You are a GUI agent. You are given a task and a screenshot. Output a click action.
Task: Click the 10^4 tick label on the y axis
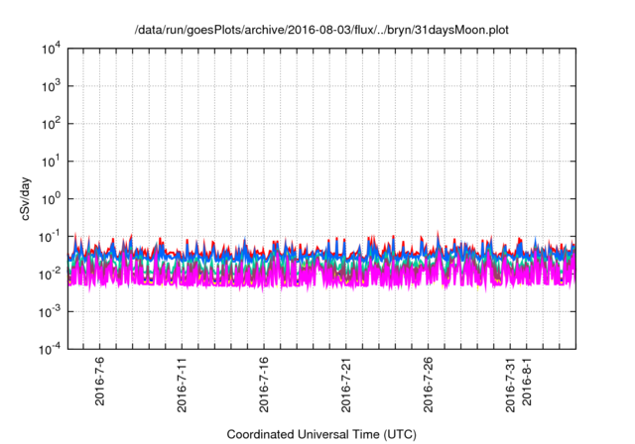coord(50,48)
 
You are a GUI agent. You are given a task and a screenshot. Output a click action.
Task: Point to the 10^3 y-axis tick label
coord(50,85)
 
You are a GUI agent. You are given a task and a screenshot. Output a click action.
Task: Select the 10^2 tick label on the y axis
coord(50,123)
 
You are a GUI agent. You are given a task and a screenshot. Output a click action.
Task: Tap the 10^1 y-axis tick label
coord(50,161)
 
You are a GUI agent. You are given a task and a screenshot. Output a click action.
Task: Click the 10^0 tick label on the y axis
coord(50,198)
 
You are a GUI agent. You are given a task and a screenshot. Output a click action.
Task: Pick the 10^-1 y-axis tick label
coord(48,236)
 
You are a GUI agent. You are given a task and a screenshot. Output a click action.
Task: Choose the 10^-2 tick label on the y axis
coord(48,274)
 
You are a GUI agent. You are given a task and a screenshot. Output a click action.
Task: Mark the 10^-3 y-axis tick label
coord(48,311)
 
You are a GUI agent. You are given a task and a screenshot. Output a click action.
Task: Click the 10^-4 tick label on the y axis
coord(48,349)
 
